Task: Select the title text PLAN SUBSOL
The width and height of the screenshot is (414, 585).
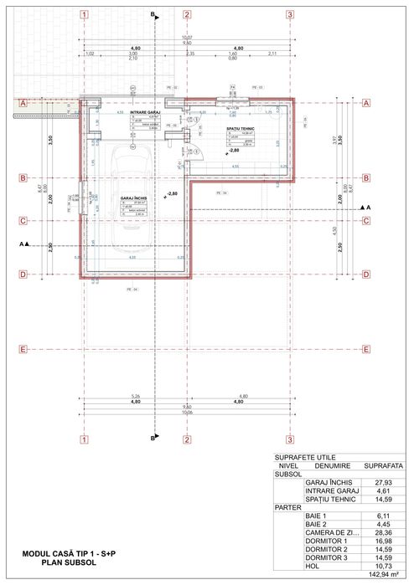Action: (x=71, y=563)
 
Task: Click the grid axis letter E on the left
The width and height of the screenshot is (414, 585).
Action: (x=23, y=349)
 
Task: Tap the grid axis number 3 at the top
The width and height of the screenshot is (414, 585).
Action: (x=289, y=15)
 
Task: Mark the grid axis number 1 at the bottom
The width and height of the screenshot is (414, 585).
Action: (x=84, y=439)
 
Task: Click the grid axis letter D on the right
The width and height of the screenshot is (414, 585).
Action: (x=366, y=274)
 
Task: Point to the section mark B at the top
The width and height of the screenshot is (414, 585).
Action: (x=153, y=15)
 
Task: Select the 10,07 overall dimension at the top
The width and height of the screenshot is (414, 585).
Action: (x=187, y=38)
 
